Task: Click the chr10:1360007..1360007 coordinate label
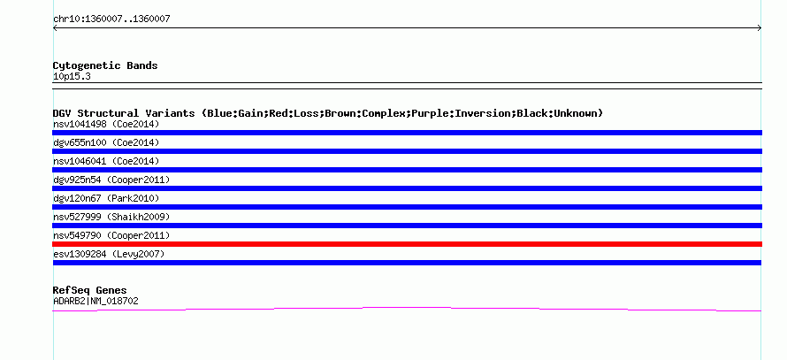111,19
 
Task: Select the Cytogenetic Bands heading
105,65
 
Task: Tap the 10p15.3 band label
72,77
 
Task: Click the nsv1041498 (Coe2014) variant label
106,124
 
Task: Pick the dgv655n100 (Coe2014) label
106,142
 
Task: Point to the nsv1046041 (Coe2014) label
106,161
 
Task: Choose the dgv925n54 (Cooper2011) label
111,180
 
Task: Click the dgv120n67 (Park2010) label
106,198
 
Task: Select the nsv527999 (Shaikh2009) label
111,217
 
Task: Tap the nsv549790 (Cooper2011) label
111,235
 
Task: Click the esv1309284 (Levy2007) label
109,254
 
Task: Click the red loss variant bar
407,244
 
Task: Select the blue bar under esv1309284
407,263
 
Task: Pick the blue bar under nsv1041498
407,133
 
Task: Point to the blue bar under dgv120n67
407,207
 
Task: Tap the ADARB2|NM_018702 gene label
96,302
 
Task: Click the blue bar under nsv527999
407,226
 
